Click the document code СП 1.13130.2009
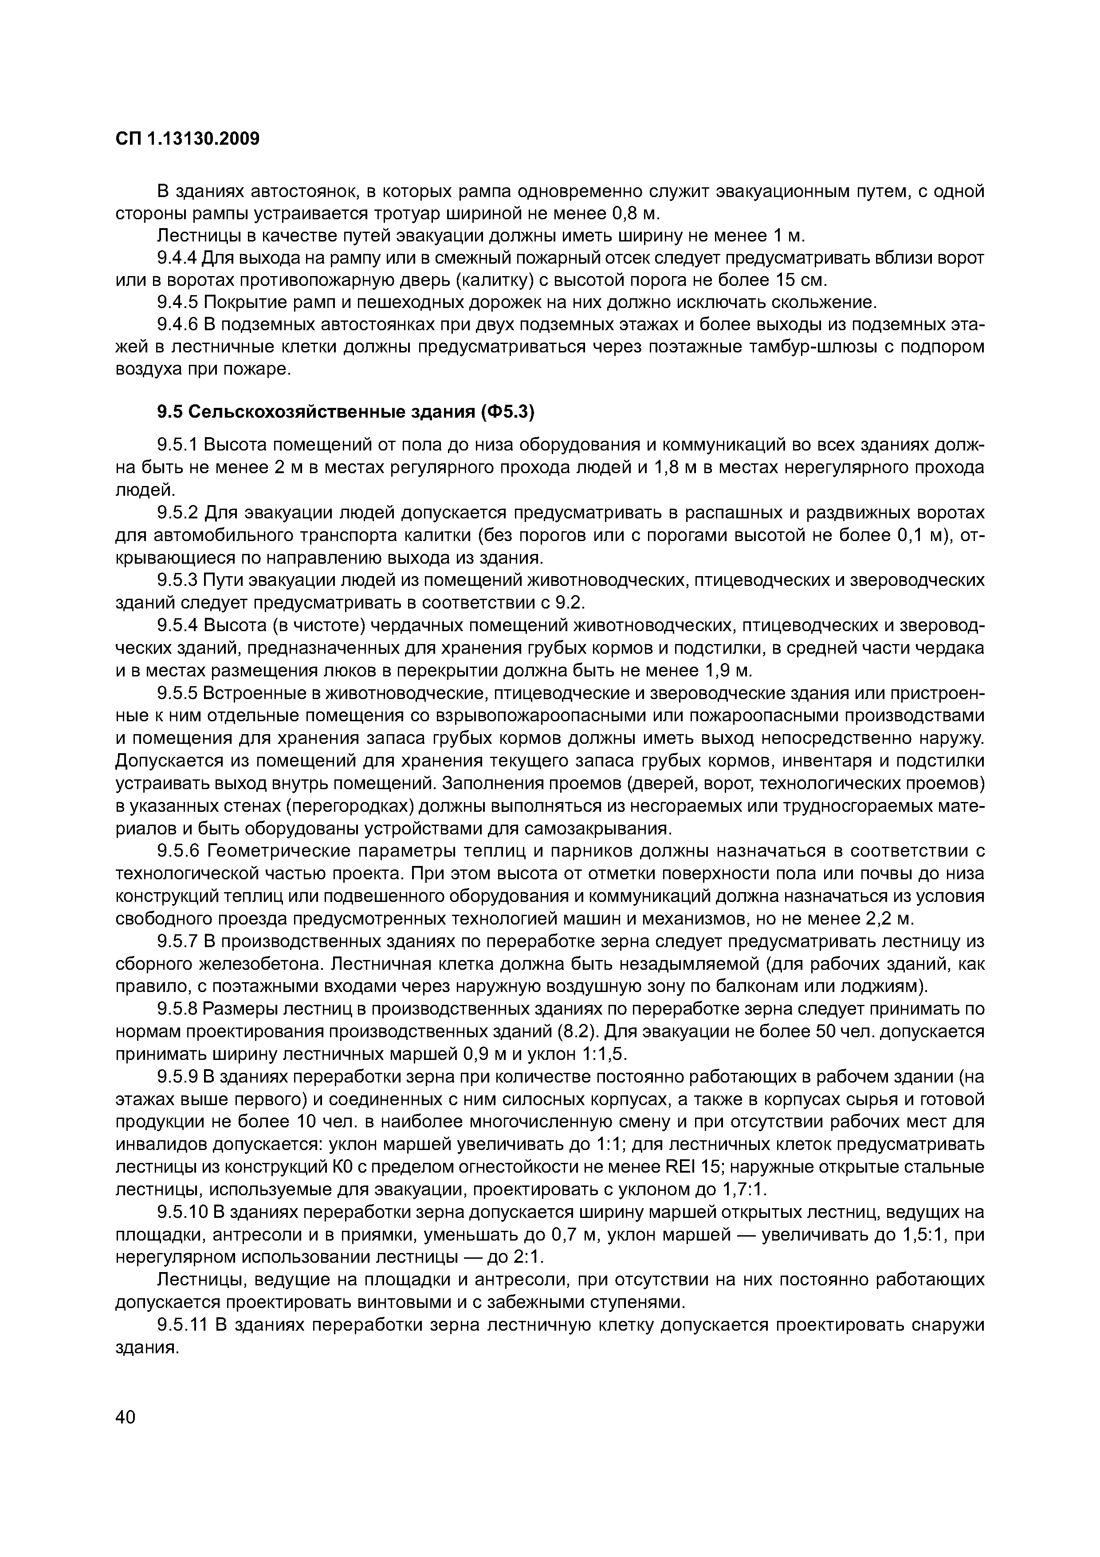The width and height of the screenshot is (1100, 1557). pyautogui.click(x=188, y=139)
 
